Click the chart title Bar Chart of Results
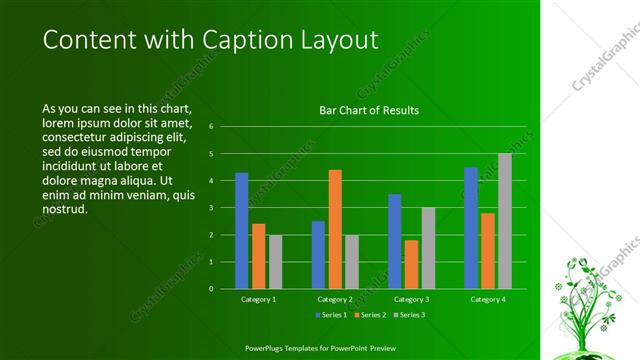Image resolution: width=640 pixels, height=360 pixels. click(369, 110)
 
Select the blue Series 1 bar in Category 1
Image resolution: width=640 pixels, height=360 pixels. click(241, 230)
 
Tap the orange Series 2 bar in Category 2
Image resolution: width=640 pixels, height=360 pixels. click(334, 228)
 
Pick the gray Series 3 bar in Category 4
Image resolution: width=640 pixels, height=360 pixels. click(505, 220)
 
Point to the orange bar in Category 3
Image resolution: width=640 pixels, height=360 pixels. click(411, 264)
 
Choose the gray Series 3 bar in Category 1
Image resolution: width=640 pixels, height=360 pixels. click(275, 261)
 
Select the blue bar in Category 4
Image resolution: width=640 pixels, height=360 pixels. click(471, 227)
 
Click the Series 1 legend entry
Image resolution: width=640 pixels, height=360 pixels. click(331, 315)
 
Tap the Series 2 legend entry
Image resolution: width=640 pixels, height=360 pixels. click(368, 315)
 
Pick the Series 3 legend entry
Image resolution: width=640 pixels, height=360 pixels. click(407, 315)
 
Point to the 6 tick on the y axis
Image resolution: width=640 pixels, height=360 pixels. click(211, 127)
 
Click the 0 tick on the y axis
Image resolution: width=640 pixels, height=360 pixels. click(211, 288)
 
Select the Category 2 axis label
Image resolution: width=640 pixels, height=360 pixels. click(334, 299)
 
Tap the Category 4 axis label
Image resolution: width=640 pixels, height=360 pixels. click(488, 299)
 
